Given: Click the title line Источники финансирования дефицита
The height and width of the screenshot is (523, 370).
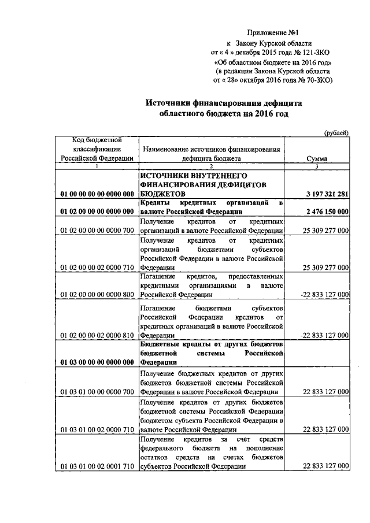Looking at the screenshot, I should tap(223, 103).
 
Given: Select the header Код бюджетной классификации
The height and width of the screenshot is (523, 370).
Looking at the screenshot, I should tap(96, 149).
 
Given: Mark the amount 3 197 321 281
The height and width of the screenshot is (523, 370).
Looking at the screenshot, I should tap(322, 194).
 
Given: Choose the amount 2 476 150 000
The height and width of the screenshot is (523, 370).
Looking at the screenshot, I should tap(322, 212).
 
